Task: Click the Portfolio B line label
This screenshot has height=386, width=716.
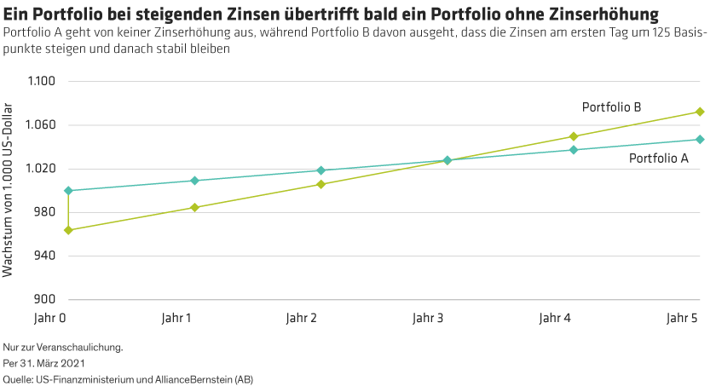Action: click(x=611, y=107)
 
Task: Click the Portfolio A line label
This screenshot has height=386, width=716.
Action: click(x=659, y=158)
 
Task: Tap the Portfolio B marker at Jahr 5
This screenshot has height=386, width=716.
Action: click(x=700, y=112)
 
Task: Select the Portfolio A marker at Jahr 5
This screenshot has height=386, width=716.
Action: click(x=700, y=139)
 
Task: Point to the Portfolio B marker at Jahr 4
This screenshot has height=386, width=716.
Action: click(x=574, y=136)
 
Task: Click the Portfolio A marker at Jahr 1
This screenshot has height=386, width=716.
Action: click(x=195, y=181)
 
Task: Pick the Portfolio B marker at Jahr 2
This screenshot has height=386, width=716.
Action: click(x=321, y=184)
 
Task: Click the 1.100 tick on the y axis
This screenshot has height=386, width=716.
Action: click(x=40, y=82)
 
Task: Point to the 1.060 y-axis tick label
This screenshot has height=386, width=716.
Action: click(x=40, y=125)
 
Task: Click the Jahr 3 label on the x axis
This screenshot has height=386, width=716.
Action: click(x=428, y=319)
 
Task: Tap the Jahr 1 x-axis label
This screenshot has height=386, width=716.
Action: click(x=176, y=319)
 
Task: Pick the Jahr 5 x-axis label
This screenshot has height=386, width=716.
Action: click(x=681, y=319)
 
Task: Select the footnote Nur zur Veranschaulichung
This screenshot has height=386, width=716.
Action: click(x=64, y=347)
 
